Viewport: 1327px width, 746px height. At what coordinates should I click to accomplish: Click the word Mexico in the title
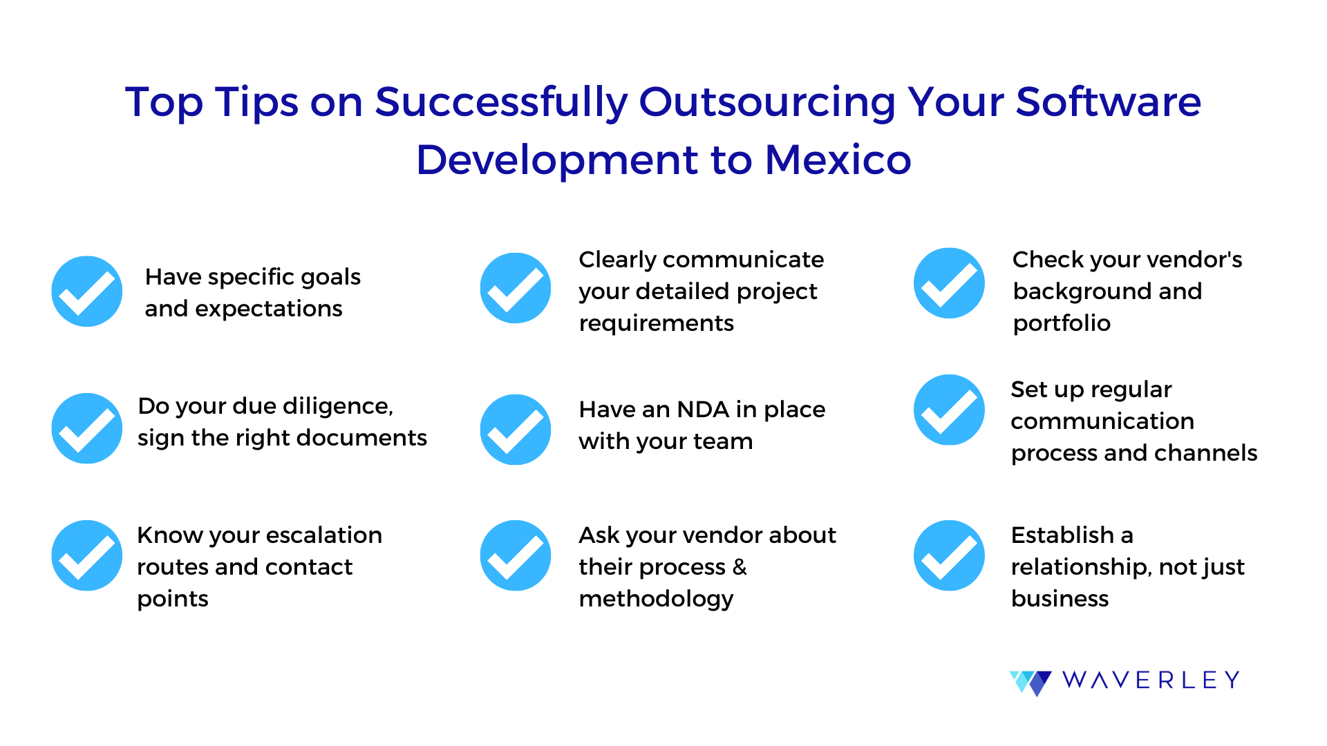(x=838, y=160)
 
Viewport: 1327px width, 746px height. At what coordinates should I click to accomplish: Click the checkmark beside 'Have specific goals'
(x=87, y=291)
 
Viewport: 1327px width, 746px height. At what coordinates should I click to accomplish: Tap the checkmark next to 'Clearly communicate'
(x=516, y=288)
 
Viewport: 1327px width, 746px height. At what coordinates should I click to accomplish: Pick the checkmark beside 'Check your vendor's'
(x=949, y=283)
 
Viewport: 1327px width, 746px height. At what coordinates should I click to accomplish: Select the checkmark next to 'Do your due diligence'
(x=87, y=428)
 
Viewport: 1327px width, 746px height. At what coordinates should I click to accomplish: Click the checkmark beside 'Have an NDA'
(x=516, y=430)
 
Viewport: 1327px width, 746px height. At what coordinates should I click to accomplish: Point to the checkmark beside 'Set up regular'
(x=949, y=410)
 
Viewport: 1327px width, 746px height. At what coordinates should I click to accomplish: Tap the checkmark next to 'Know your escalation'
(x=87, y=555)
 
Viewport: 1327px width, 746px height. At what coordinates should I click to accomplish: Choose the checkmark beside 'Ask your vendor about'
(x=516, y=555)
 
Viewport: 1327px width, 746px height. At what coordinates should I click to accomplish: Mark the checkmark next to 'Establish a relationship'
(x=949, y=555)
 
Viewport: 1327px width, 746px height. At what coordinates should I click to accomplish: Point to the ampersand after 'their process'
(x=740, y=567)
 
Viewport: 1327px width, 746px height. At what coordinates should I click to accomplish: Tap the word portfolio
(x=1062, y=323)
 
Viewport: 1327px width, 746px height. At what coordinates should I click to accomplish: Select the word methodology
(x=656, y=599)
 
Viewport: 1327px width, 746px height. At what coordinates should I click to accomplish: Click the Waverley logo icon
(x=1030, y=682)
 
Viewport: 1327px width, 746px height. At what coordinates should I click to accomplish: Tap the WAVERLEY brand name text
(x=1151, y=680)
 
